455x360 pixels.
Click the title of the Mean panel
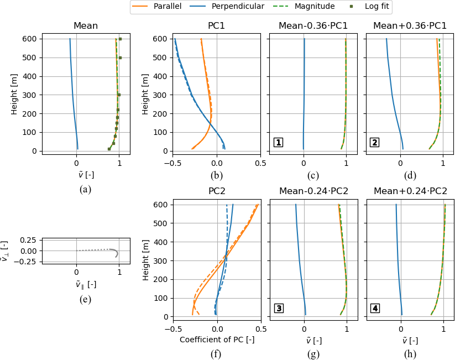coord(86,25)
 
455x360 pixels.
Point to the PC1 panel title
coord(217,25)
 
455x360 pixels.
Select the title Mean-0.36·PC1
coord(313,25)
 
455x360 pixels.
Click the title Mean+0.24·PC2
coord(410,191)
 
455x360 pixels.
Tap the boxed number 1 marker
coord(279,143)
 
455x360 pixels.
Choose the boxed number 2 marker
coord(375,143)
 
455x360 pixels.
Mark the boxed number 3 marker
coord(279,308)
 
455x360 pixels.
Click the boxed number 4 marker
coord(375,308)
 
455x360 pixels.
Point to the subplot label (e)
coord(86,300)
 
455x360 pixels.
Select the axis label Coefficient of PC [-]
coord(217,339)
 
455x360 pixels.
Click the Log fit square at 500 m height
coord(120,58)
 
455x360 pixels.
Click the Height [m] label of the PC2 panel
coord(147,260)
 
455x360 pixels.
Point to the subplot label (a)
coord(86,189)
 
